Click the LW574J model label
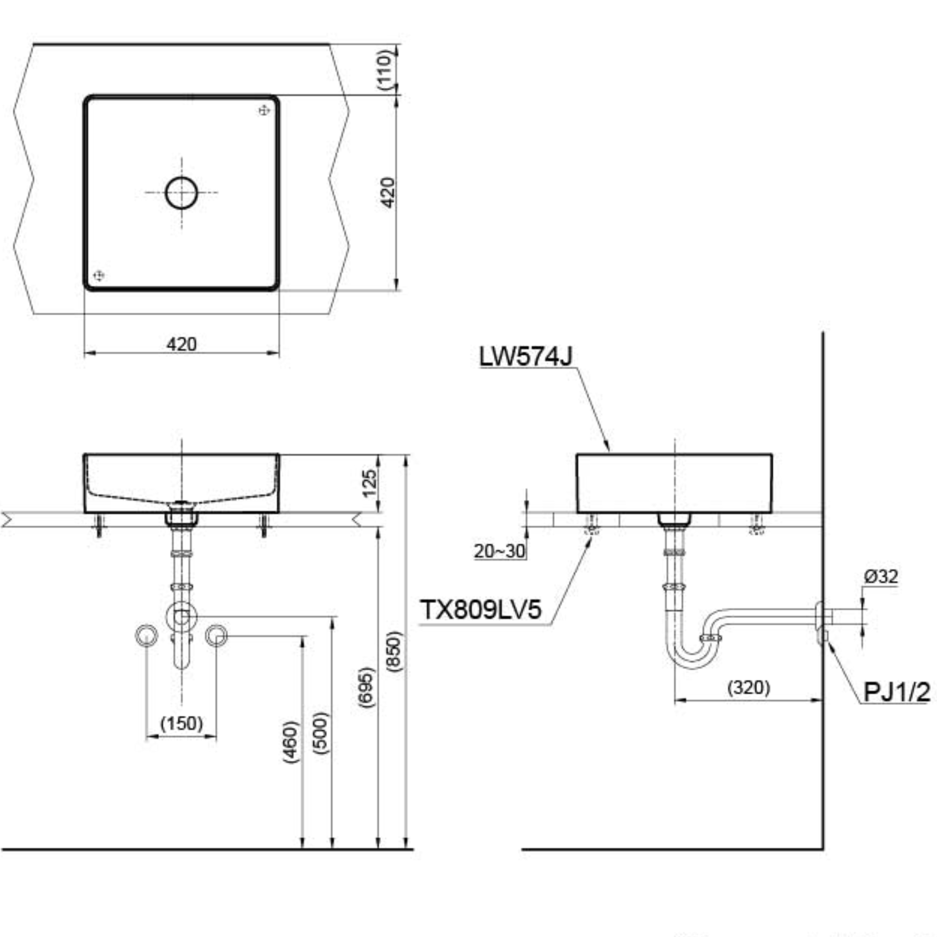click(526, 356)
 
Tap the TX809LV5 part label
click(480, 609)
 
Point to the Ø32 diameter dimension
click(881, 576)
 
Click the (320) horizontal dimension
click(749, 687)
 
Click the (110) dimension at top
click(385, 69)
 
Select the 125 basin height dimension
click(369, 483)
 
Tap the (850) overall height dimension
click(395, 651)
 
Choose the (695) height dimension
click(367, 687)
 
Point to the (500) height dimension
click(321, 733)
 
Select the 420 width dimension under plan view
click(181, 344)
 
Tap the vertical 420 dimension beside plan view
click(388, 193)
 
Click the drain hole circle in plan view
click(181, 177)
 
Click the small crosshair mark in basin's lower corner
click(98, 276)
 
